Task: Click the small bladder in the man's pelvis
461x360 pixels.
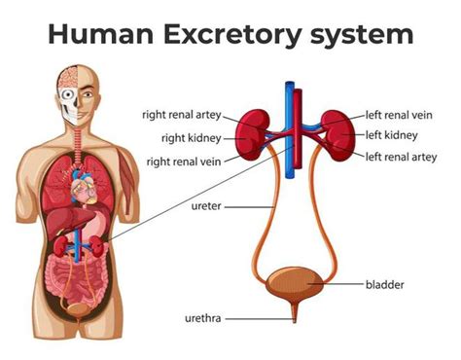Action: pos(76,309)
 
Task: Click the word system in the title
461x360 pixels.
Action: pos(361,37)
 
